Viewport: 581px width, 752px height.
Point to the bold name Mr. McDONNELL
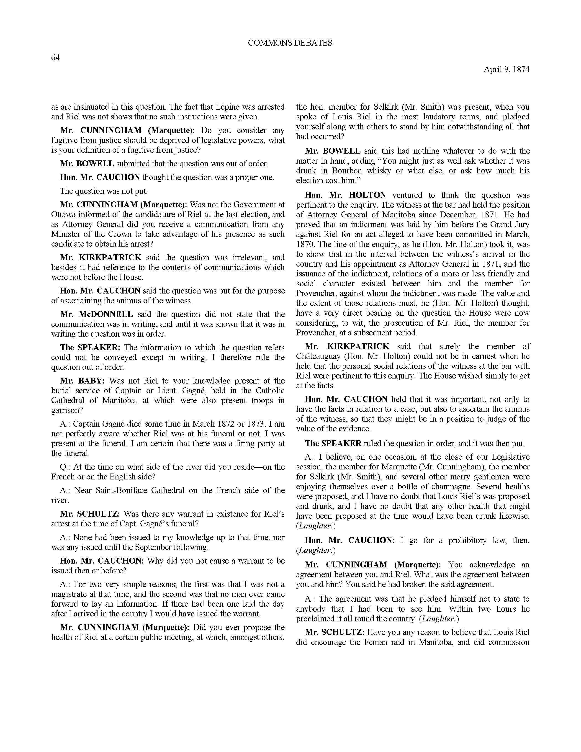(96, 314)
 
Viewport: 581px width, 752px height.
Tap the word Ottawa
(63, 214)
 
